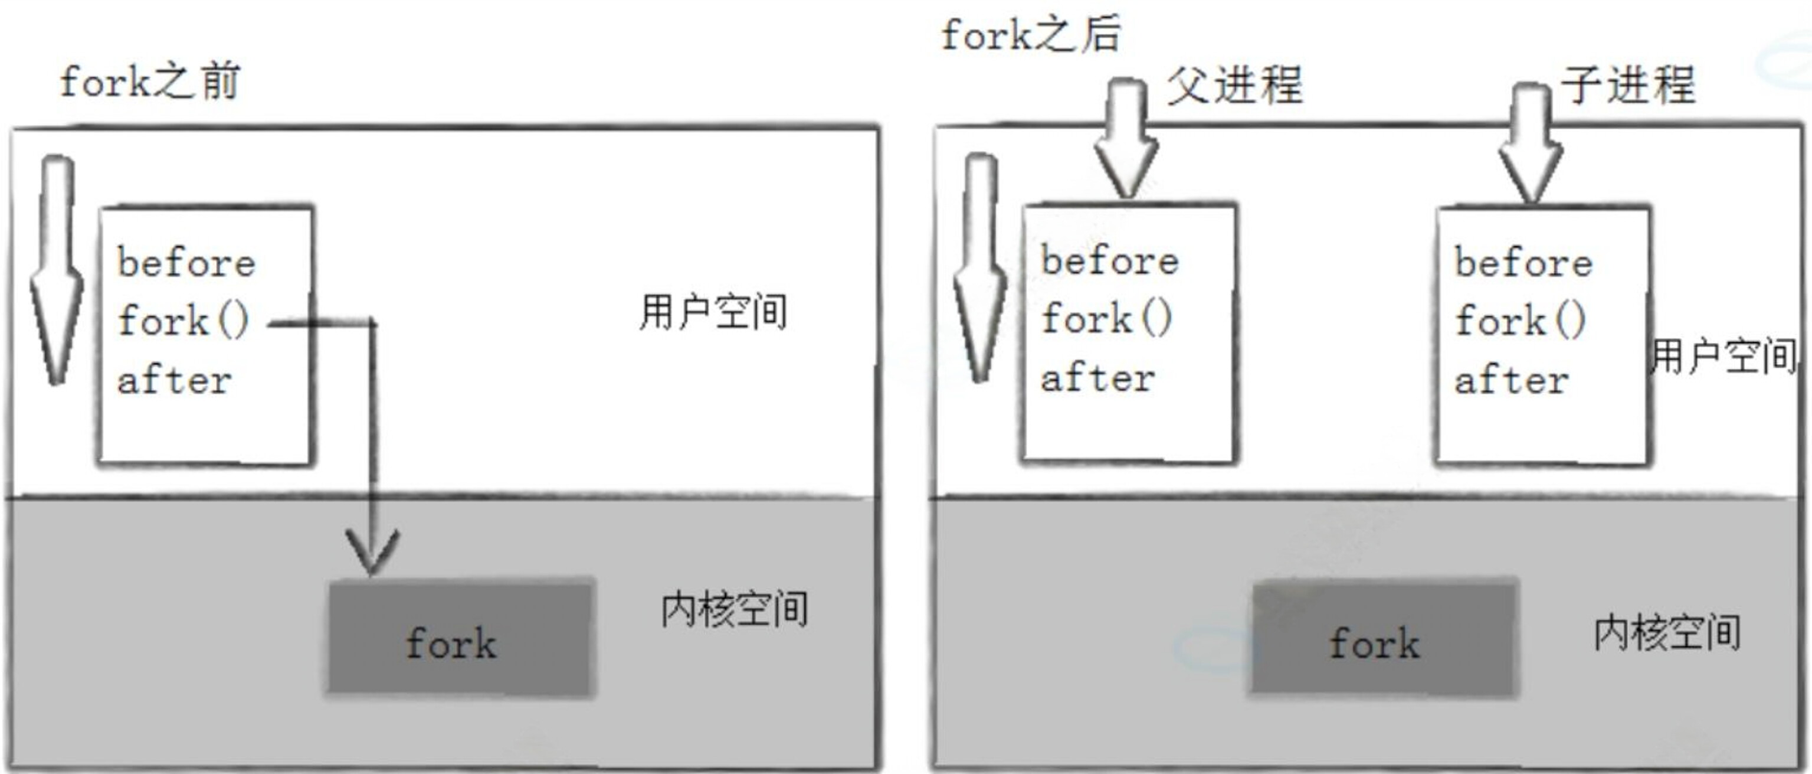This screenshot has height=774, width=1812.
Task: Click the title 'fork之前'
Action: [x=150, y=82]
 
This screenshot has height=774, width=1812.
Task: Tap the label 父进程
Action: [x=1234, y=85]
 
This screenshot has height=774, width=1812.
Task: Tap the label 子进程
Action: [x=1628, y=85]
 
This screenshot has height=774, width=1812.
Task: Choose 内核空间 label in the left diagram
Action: [x=733, y=609]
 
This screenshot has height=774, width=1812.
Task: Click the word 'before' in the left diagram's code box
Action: [x=186, y=263]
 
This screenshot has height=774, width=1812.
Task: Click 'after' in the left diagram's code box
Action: [x=175, y=381]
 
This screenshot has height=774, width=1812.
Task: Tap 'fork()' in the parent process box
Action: [x=1106, y=319]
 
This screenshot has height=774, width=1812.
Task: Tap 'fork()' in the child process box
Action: [x=1520, y=321]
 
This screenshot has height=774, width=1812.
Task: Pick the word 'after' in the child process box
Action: [x=1512, y=381]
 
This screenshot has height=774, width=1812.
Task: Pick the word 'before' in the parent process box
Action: [x=1110, y=261]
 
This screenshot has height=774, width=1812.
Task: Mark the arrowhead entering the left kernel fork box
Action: [x=372, y=553]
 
